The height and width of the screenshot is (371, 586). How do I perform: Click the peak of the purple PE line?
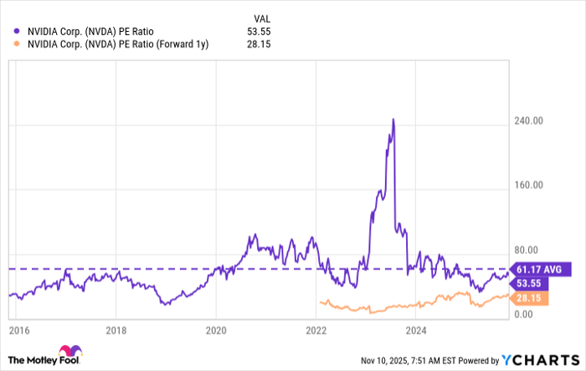pos(393,120)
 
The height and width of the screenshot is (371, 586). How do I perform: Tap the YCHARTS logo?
pos(540,360)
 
